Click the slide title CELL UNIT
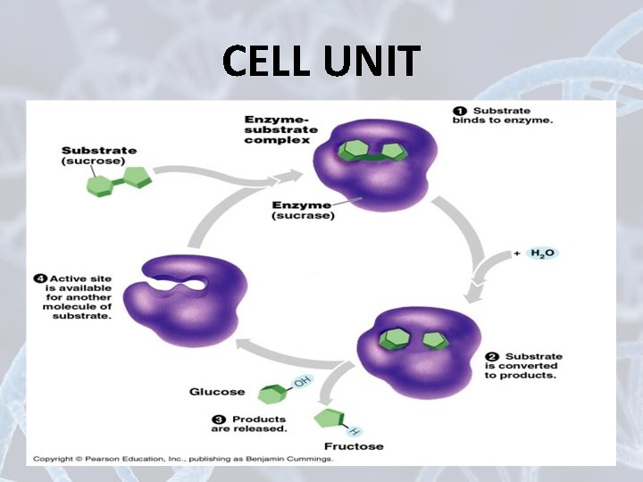coord(321,62)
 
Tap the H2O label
coord(542,253)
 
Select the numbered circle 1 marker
coord(461,111)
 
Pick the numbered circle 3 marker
coord(220,419)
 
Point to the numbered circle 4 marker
coord(41,278)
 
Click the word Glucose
coord(216,392)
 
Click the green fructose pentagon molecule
coord(328,419)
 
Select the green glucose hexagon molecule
coord(271,393)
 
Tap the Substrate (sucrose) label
coord(98,155)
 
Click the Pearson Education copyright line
coord(183,459)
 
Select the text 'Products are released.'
coord(259,424)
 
